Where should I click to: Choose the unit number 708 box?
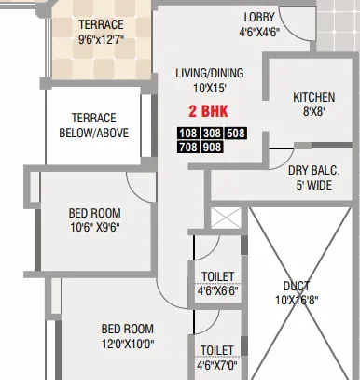tap(187, 146)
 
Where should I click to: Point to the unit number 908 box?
tap(212, 146)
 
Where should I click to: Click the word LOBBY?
tap(259, 17)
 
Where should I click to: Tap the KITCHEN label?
tap(312, 97)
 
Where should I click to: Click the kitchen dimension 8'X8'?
tap(312, 111)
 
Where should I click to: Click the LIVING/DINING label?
tap(209, 73)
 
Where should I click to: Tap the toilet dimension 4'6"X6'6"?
tap(217, 290)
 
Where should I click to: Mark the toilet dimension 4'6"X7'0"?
tap(217, 364)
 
